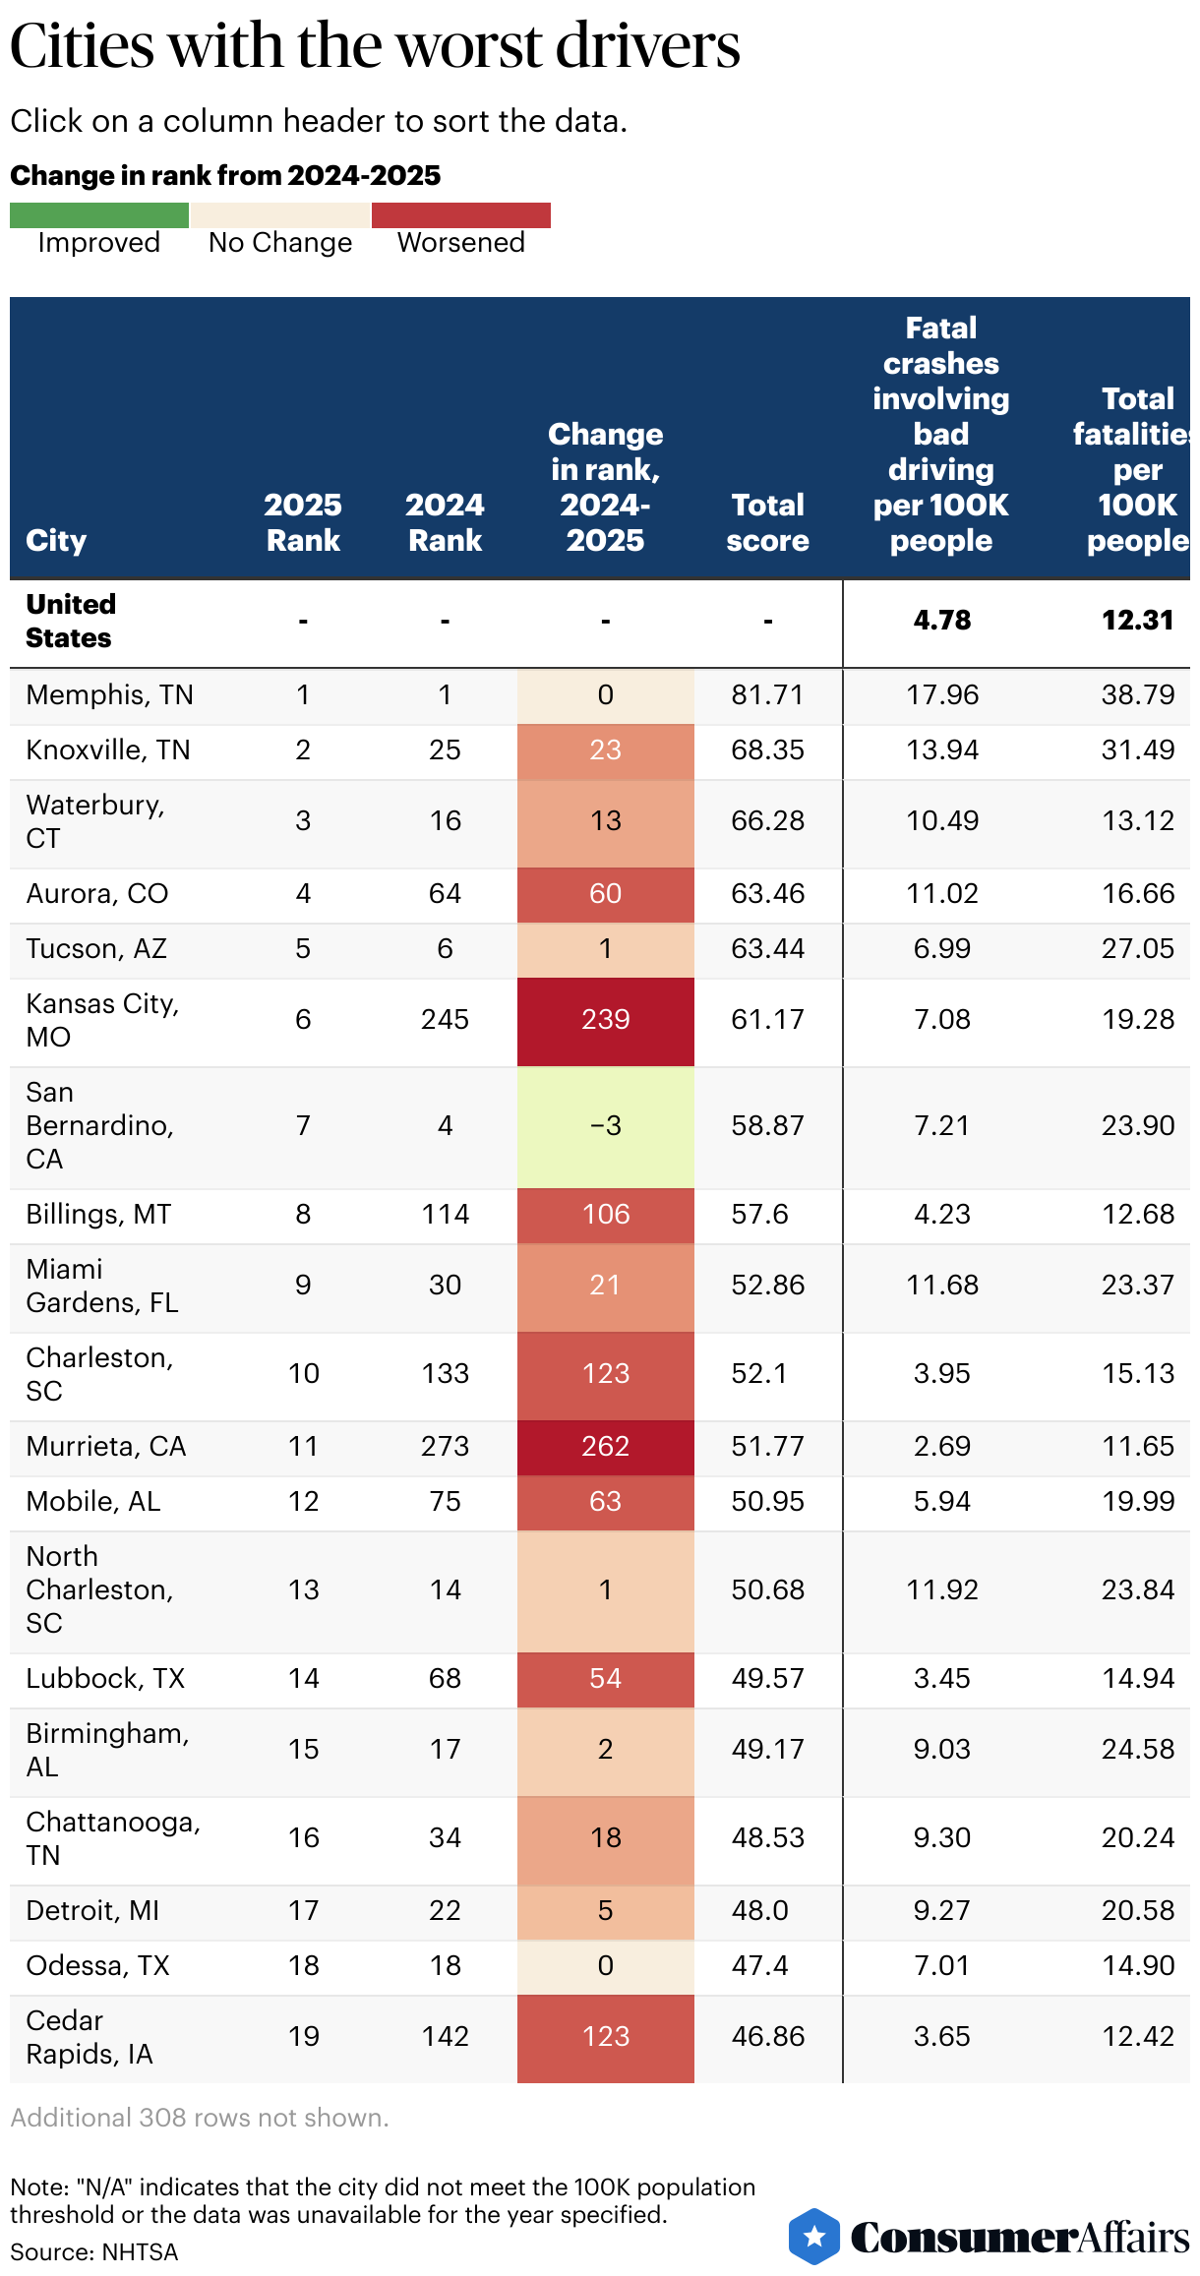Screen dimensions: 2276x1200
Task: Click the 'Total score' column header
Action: click(x=767, y=522)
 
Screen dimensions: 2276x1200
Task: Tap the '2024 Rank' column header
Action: click(x=445, y=522)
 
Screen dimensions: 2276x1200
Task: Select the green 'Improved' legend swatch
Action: click(x=98, y=214)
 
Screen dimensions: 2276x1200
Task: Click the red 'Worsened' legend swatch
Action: click(x=460, y=214)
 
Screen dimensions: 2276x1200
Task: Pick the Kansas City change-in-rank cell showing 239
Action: click(x=605, y=1020)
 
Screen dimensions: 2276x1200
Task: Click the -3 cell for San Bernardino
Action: click(x=605, y=1126)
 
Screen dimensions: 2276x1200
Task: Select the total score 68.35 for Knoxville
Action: click(x=767, y=750)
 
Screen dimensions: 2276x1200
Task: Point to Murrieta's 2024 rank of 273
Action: click(x=445, y=1447)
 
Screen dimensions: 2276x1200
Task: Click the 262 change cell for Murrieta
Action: click(x=605, y=1447)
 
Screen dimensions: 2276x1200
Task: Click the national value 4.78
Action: click(x=941, y=621)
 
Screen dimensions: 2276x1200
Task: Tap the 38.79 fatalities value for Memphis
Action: click(x=1137, y=695)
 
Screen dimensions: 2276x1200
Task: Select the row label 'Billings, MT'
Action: click(x=98, y=1215)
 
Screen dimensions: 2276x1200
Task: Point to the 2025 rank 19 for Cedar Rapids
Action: click(x=303, y=2037)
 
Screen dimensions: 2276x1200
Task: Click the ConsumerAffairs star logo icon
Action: click(x=814, y=2236)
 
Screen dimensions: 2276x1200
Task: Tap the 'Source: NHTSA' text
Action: click(x=94, y=2252)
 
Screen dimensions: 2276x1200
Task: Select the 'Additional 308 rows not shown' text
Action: click(x=200, y=2118)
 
